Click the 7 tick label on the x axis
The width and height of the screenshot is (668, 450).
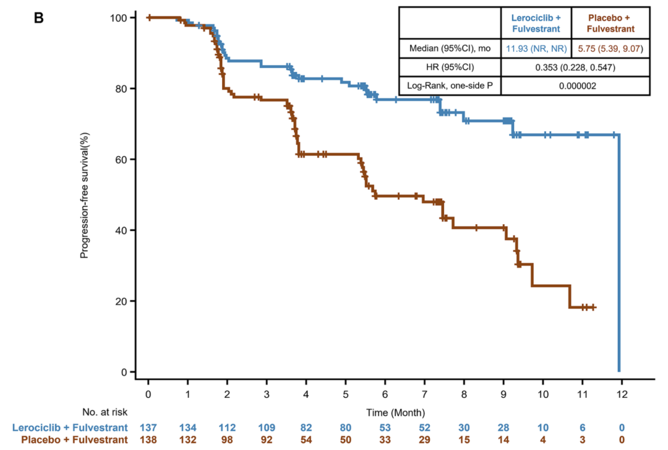click(x=424, y=394)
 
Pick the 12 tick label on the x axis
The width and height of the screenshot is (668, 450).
click(x=622, y=394)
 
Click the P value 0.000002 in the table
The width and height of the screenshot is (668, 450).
click(x=576, y=86)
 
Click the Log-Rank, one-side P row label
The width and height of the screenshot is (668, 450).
click(x=450, y=86)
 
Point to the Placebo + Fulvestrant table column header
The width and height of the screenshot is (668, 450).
click(x=610, y=23)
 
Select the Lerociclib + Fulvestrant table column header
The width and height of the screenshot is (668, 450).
click(x=536, y=23)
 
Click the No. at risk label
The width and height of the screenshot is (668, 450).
click(x=103, y=411)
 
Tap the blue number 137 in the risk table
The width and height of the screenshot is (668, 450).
click(x=148, y=427)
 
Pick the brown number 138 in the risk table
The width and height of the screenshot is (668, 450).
click(x=148, y=439)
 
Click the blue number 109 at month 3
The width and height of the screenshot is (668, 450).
click(x=267, y=427)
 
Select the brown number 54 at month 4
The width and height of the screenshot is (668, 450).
click(x=306, y=439)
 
